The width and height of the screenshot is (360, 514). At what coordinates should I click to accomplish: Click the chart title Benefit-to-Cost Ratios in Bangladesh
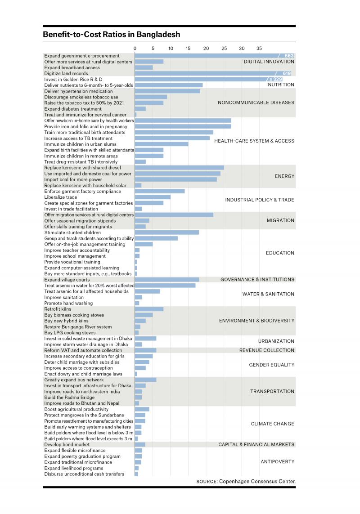(x=112, y=35)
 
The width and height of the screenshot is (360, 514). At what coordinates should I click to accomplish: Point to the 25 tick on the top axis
(x=224, y=48)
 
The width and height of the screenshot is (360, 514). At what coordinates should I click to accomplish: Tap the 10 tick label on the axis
(x=171, y=48)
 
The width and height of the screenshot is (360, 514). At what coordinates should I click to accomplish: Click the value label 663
(x=289, y=56)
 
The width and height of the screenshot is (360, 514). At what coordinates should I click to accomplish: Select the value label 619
(x=287, y=73)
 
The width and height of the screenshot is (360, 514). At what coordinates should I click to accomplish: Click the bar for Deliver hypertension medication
(x=167, y=91)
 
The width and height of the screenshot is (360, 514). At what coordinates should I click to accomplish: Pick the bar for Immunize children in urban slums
(x=162, y=144)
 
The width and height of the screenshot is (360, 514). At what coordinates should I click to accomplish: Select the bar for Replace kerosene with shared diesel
(x=180, y=168)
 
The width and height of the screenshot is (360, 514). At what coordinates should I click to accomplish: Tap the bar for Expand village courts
(x=167, y=280)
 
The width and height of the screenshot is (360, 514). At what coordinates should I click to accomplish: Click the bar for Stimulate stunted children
(x=167, y=232)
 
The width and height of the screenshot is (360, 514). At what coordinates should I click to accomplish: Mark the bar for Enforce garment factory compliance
(x=160, y=192)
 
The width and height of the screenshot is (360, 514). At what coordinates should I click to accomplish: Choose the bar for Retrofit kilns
(x=149, y=309)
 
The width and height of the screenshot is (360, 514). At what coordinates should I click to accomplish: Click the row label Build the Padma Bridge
(x=69, y=397)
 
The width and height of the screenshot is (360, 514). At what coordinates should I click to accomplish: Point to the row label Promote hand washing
(x=68, y=303)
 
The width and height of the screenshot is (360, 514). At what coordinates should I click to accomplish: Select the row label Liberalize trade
(x=61, y=197)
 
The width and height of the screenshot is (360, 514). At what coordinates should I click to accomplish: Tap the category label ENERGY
(x=284, y=176)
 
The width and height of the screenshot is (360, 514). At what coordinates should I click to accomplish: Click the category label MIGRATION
(x=281, y=221)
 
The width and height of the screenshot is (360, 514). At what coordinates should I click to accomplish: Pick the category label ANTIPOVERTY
(x=278, y=461)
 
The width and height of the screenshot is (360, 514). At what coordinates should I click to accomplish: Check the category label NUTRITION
(x=281, y=85)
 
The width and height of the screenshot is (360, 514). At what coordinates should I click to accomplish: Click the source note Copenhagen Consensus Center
(x=257, y=482)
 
